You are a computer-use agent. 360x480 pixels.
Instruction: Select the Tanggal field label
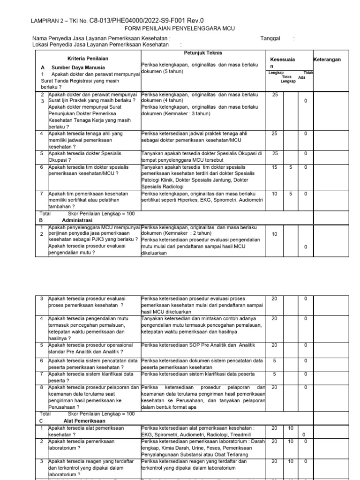(x=270, y=38)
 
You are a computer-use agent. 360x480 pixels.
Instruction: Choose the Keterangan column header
(x=327, y=60)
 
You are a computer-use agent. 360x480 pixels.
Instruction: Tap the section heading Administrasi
(x=77, y=219)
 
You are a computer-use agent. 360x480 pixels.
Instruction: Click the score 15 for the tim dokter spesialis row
(x=275, y=167)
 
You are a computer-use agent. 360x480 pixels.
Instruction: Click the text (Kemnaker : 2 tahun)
(x=187, y=233)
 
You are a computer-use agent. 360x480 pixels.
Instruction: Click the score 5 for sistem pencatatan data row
(x=275, y=360)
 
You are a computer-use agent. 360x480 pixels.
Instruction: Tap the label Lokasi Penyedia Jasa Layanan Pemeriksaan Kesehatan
(x=100, y=45)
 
